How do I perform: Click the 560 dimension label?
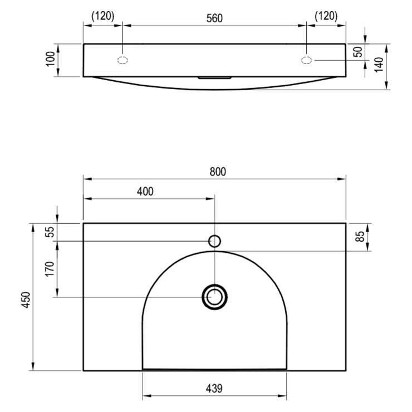(214, 18)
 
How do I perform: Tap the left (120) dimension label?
(103, 16)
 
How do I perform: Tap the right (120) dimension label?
(326, 16)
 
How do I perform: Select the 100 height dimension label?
(50, 59)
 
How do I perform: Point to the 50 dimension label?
(358, 52)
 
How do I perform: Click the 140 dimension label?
(379, 65)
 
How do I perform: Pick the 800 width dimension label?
(218, 171)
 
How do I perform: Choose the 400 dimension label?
(145, 192)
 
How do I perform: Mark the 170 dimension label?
(50, 269)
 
